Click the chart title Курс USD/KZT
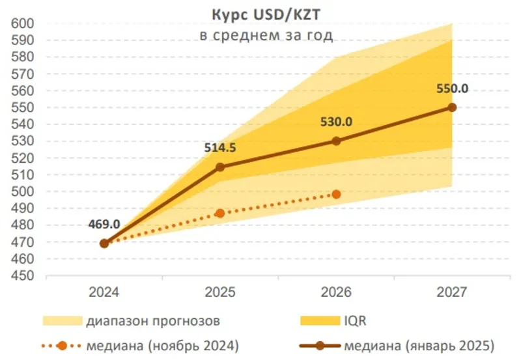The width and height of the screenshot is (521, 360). click(x=265, y=15)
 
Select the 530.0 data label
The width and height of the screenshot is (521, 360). click(x=337, y=122)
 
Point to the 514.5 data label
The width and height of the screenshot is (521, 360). click(x=220, y=147)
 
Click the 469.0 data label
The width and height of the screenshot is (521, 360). click(x=104, y=224)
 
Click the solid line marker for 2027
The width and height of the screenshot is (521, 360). click(x=453, y=107)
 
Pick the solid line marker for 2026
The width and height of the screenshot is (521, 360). click(x=336, y=141)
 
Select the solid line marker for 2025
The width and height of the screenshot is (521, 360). click(x=220, y=167)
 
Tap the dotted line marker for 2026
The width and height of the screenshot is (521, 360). click(x=336, y=194)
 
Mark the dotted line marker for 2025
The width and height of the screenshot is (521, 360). click(x=220, y=213)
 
